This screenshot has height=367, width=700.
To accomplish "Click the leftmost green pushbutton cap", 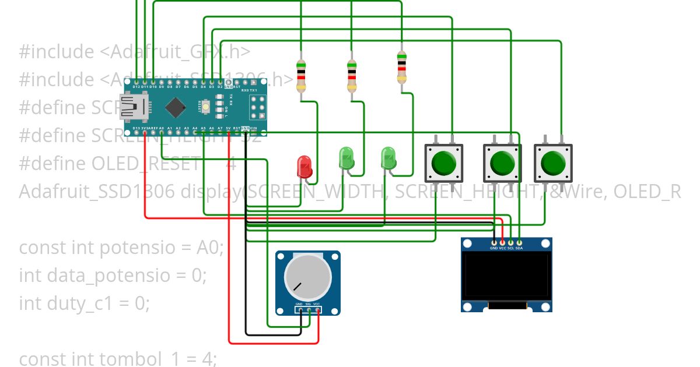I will pos(443,163).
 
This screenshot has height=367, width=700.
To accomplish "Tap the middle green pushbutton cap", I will pos(502,164).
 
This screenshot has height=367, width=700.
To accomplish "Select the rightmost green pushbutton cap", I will pos(553,163).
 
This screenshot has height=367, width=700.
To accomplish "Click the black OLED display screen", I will pos(507,276).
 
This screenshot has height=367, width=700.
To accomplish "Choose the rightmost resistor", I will pos(401,69).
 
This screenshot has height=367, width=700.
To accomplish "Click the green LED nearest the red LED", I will pos(346,158).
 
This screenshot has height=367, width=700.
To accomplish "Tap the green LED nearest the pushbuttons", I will pos(388,158).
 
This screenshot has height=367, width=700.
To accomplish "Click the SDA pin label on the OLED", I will pos(519,248).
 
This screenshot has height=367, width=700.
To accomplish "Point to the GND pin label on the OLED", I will pos(494,248).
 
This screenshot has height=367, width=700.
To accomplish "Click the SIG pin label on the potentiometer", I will pos(308,304).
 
